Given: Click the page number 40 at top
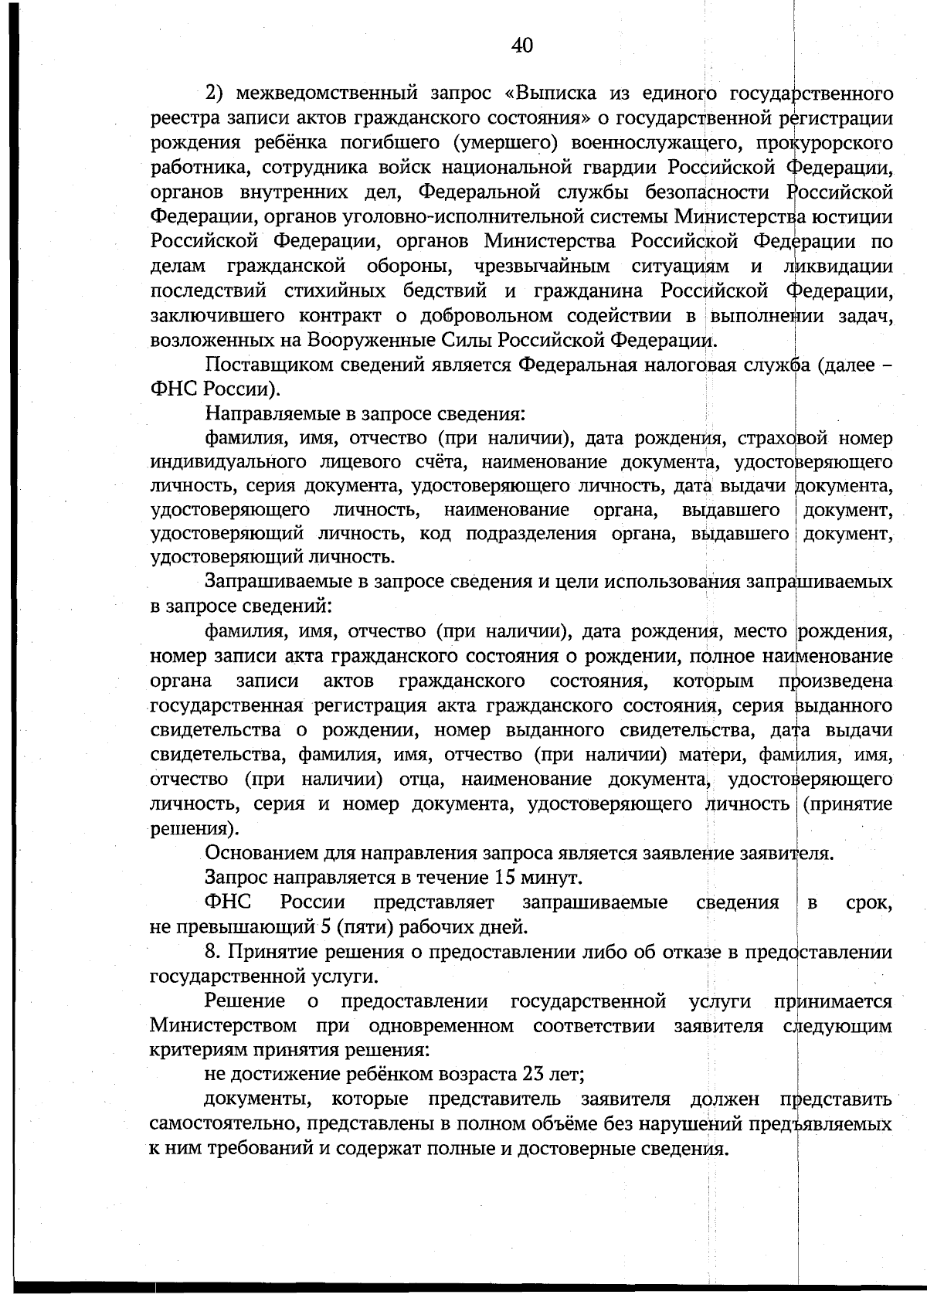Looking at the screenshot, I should pos(522,46).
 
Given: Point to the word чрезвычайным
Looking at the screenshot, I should pos(542,267).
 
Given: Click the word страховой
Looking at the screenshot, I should pos(783,439).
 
